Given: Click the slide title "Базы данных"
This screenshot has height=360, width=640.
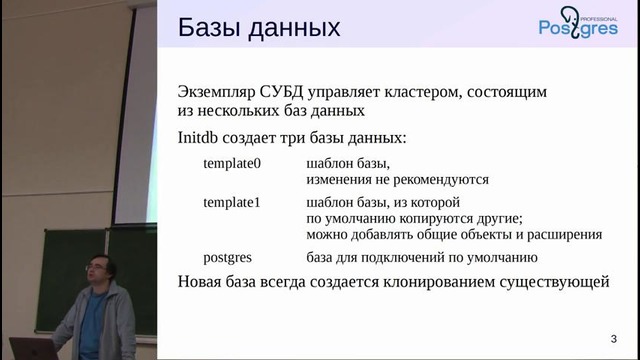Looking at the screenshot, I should [x=259, y=27].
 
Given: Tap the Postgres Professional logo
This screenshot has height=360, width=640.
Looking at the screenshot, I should [x=578, y=29].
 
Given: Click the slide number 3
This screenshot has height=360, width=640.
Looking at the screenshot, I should [x=612, y=337].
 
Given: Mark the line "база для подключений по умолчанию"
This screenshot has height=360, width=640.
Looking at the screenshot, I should [x=414, y=256].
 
